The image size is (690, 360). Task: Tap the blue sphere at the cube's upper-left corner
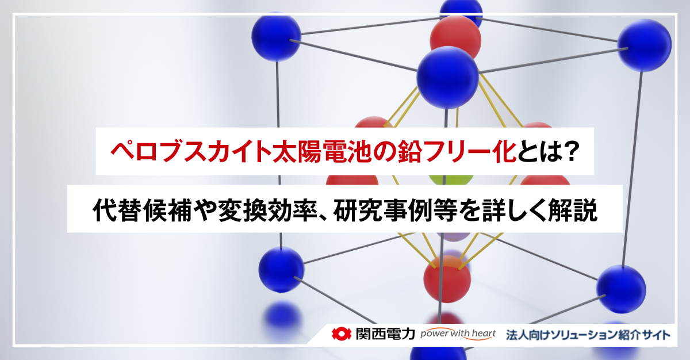(x=276, y=35)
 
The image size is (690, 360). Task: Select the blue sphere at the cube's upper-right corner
(x=644, y=45)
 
